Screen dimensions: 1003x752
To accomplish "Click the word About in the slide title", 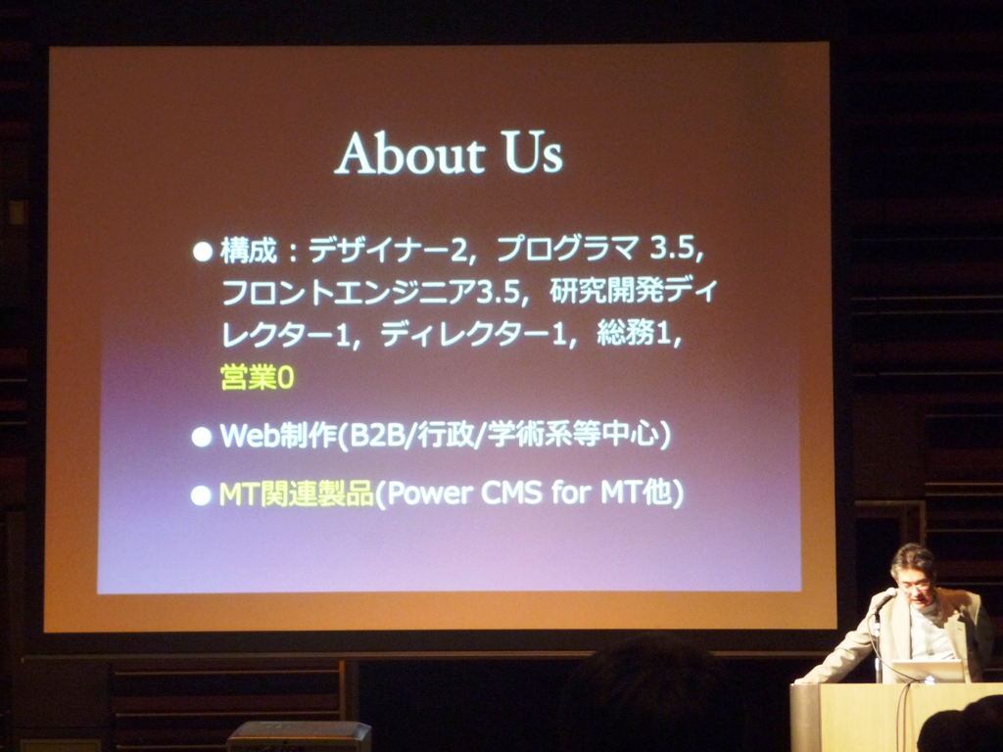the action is coord(410,154).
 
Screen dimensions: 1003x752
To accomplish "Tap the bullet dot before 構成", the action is coord(203,252).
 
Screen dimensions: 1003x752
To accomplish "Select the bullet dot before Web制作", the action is coord(202,437).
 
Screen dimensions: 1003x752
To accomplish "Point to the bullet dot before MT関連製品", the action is coord(201,495).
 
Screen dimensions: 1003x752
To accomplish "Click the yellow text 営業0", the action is coord(258,377).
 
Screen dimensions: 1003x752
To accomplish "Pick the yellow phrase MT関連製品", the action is coord(296,494).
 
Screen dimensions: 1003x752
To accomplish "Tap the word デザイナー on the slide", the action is coord(380,250).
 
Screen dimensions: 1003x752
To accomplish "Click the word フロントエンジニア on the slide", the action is coord(350,293).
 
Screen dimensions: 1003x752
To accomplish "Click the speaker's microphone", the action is coord(884,599).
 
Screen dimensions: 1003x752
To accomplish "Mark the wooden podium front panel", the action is coord(895,718).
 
